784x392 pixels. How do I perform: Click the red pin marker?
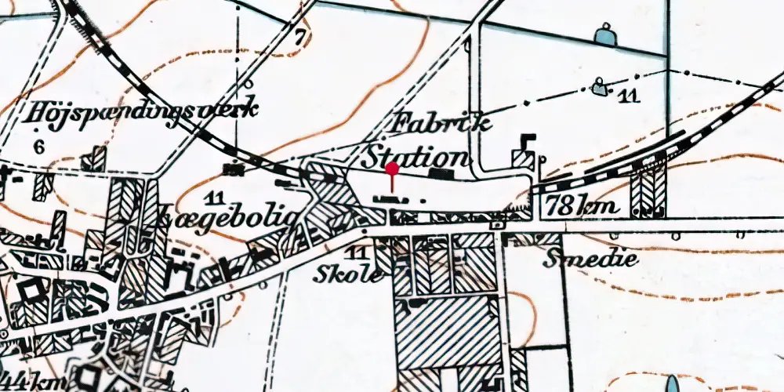[x=392, y=169]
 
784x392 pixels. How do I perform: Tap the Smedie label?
[x=579, y=258]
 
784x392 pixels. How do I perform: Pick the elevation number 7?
[x=299, y=35]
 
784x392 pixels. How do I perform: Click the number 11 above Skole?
[x=358, y=252]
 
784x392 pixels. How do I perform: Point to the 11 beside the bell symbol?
[x=627, y=96]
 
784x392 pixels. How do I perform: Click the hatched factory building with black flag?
[x=522, y=156]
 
